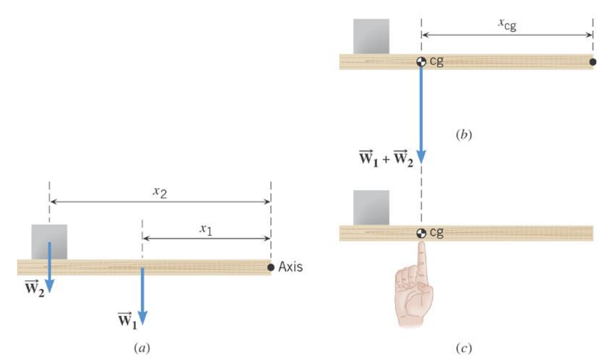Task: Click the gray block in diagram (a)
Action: click(49, 242)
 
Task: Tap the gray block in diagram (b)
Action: click(371, 36)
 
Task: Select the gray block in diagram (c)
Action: click(371, 208)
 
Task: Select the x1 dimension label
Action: click(206, 230)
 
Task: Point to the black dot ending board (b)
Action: click(593, 62)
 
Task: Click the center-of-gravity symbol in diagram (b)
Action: click(421, 62)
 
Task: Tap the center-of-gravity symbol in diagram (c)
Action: click(421, 233)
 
